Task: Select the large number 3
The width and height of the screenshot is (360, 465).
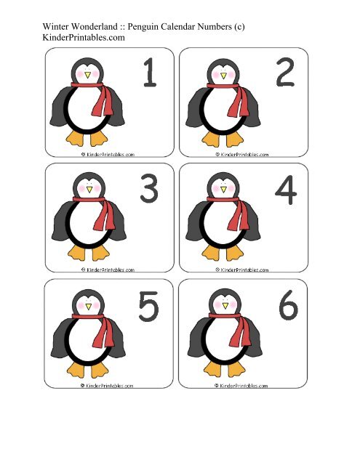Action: (149, 191)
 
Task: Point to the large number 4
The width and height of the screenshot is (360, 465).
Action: (285, 191)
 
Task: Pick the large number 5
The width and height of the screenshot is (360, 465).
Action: (149, 308)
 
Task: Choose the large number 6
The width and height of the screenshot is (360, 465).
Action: (286, 308)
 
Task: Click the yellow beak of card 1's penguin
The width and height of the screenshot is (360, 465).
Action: (87, 75)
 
